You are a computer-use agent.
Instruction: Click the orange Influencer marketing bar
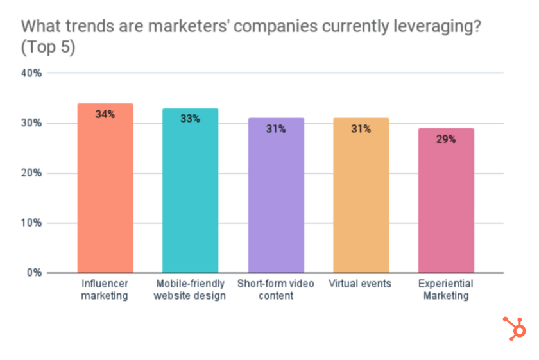[x=105, y=193]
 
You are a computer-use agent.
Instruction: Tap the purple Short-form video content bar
[x=276, y=199]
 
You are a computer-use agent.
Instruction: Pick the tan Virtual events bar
[x=361, y=199]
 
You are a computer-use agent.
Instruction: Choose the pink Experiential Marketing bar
[x=446, y=205]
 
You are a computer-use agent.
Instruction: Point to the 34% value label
[x=105, y=114]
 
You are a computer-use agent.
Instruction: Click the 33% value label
[x=190, y=119]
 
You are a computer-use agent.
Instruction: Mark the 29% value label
[x=446, y=139]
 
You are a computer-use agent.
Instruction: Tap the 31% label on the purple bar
[x=276, y=129]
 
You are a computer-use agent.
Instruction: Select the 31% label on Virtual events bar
[x=361, y=129]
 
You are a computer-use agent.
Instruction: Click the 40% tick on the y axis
[x=31, y=73]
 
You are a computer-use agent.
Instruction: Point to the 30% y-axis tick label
[x=31, y=123]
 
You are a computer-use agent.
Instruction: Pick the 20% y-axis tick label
[x=31, y=173]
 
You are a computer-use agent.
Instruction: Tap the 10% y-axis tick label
[x=31, y=223]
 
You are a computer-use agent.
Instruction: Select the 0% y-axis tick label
[x=34, y=273]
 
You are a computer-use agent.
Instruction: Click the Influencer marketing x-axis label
[x=105, y=289]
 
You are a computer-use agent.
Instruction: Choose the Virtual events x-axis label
[x=360, y=284]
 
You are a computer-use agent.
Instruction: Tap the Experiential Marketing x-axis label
[x=446, y=289]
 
